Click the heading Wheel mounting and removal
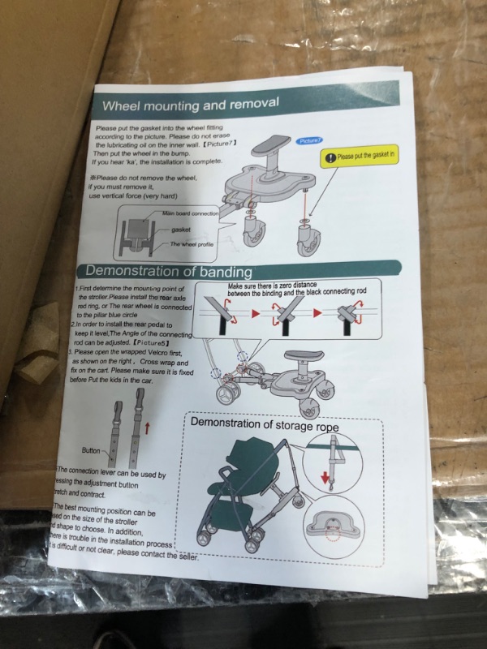coord(191,105)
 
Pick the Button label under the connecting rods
coord(93,449)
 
